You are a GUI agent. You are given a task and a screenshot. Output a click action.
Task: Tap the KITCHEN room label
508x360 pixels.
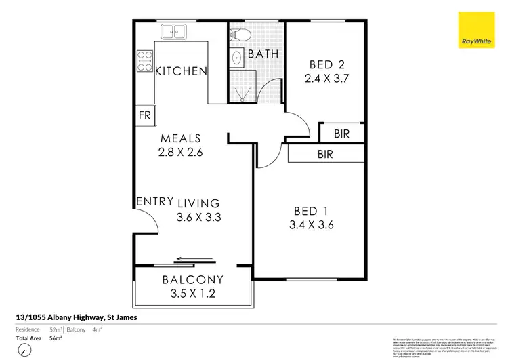pos(181,71)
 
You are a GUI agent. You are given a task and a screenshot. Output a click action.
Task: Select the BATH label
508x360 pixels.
pos(261,54)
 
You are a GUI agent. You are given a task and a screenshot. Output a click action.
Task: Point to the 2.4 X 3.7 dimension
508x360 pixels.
pos(326,79)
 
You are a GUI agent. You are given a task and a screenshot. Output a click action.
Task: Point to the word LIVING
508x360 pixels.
pos(199,203)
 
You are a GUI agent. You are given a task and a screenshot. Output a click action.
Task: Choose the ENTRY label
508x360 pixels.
pos(154,202)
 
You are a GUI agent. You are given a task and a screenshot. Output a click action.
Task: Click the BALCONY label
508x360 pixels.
pos(192,279)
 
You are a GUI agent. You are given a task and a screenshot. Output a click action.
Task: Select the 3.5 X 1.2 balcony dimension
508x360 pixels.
pos(192,294)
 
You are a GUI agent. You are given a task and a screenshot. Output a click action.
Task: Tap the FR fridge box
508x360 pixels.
pos(145,115)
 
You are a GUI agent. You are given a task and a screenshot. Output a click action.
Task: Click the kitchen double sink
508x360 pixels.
pos(173,31)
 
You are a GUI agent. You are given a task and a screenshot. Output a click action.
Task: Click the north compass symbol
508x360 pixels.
pos(24,350)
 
